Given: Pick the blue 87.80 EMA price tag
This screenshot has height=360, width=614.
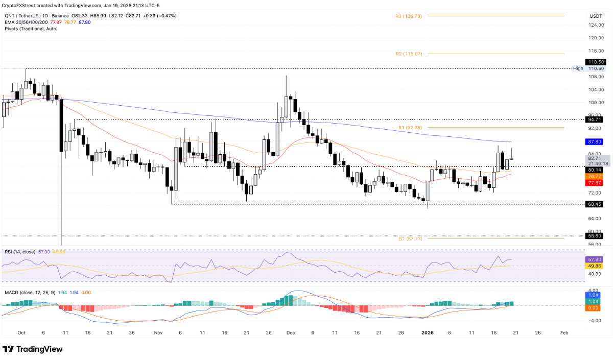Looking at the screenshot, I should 596,141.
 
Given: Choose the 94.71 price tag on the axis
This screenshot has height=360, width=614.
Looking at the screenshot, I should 596,119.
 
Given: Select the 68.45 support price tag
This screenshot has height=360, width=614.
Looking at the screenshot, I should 596,204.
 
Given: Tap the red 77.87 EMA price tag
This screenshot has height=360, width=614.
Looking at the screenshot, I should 596,183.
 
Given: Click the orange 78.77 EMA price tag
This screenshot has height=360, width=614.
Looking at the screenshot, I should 596,176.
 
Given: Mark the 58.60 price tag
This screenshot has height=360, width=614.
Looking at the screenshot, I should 596,236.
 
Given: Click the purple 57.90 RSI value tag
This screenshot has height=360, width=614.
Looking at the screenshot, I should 596,259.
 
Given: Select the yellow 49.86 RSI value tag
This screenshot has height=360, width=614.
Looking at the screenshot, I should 596,266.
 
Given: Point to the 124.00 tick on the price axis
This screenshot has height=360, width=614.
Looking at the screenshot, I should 595,25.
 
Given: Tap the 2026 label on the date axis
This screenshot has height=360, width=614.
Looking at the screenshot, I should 427,332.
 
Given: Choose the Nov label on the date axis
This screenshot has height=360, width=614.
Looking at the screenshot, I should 158,332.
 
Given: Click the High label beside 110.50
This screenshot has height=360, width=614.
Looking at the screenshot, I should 578,68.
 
